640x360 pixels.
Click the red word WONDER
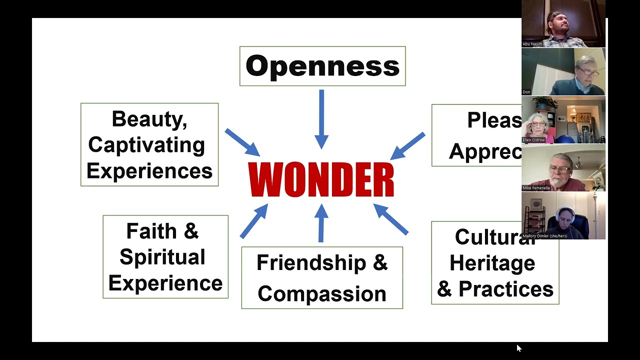point(321,180)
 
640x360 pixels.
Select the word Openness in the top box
point(322,66)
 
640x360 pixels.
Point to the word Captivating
point(146,145)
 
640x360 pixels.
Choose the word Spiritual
point(162,257)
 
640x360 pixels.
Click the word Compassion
point(322,293)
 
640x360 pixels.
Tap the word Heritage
point(492,263)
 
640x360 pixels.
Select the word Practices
point(506,289)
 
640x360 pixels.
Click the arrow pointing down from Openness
point(321,119)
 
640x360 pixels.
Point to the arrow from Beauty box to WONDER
point(242,142)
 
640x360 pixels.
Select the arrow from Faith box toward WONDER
point(254,220)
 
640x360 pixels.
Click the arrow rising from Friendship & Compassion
point(321,223)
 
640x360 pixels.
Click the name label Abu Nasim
point(532,44)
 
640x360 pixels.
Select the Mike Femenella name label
point(536,188)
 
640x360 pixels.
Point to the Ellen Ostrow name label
point(533,140)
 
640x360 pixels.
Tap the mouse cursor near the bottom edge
point(518,348)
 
